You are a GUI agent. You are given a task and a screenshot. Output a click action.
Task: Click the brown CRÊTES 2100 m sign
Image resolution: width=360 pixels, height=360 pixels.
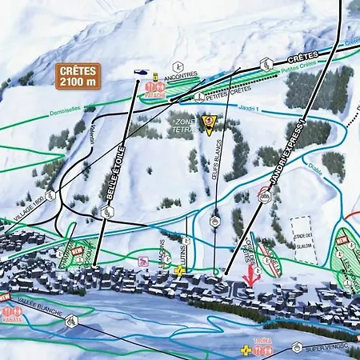79,74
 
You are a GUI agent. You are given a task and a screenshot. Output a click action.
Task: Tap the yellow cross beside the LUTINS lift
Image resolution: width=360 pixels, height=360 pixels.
181,271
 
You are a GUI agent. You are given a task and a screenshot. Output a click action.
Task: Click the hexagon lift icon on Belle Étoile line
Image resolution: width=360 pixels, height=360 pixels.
106,211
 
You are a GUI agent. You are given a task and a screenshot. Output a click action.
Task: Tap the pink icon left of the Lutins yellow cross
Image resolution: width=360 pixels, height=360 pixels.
144,260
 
